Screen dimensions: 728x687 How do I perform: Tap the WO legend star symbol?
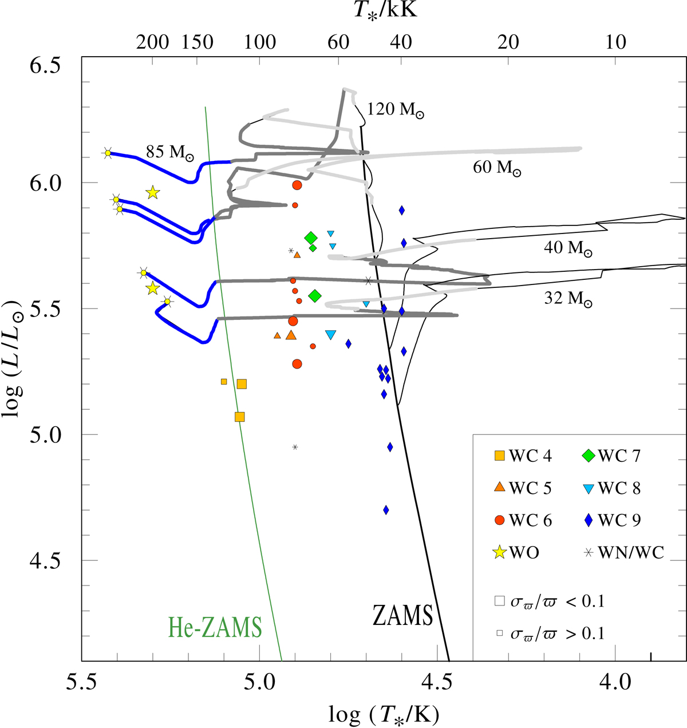point(500,552)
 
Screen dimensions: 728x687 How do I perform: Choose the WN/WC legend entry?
point(623,552)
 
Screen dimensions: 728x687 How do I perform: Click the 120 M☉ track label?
point(396,110)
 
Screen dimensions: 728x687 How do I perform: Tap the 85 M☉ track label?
point(169,152)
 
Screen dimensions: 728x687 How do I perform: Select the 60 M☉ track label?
point(497,168)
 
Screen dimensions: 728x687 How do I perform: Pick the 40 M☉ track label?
point(568,248)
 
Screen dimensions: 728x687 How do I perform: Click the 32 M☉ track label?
point(568,299)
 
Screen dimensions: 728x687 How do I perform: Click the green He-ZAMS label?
point(215,627)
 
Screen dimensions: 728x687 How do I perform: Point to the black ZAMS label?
point(402,616)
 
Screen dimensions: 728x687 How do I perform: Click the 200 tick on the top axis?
point(153,42)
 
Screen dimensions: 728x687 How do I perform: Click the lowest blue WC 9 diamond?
point(386,509)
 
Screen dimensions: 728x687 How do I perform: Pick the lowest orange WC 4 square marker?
point(240,417)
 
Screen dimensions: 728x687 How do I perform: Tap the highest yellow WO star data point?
point(152,193)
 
